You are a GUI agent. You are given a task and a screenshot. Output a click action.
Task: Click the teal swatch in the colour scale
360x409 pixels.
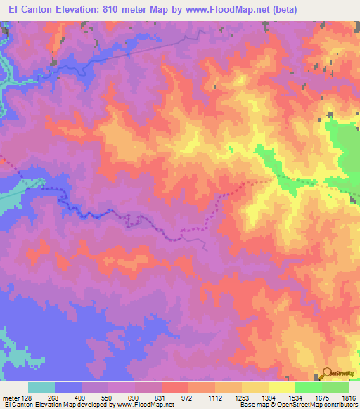(x=41, y=387)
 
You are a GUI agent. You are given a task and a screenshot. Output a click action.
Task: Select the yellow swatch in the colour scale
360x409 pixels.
(x=281, y=387)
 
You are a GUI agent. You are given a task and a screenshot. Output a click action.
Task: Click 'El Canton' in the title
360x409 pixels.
(x=27, y=9)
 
